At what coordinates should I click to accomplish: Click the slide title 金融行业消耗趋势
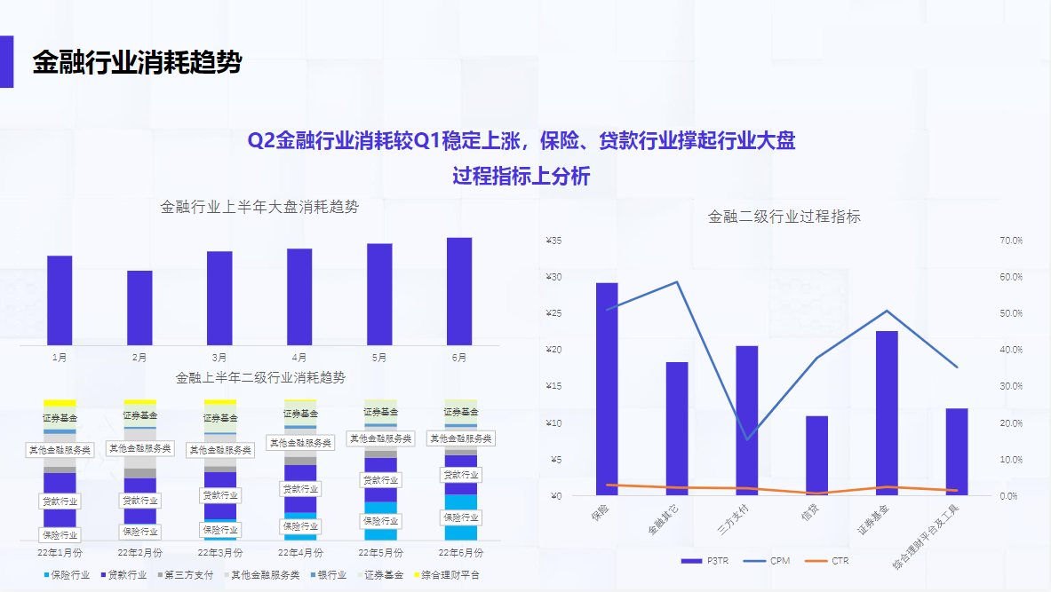pos(137,63)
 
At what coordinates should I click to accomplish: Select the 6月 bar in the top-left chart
pos(459,290)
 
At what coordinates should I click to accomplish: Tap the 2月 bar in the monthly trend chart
pos(139,307)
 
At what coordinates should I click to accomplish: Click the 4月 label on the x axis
pos(299,358)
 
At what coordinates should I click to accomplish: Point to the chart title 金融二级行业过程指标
pos(784,217)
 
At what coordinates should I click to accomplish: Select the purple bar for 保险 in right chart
pos(607,389)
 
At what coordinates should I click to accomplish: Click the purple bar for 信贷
pos(816,455)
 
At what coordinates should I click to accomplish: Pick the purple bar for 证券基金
pos(887,413)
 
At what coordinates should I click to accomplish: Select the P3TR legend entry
pos(705,561)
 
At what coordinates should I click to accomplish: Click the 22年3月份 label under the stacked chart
pos(220,552)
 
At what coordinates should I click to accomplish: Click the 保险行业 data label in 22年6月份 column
pos(460,517)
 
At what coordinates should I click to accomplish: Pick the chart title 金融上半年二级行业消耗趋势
pos(260,378)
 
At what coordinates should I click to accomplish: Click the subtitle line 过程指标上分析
pos(521,176)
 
